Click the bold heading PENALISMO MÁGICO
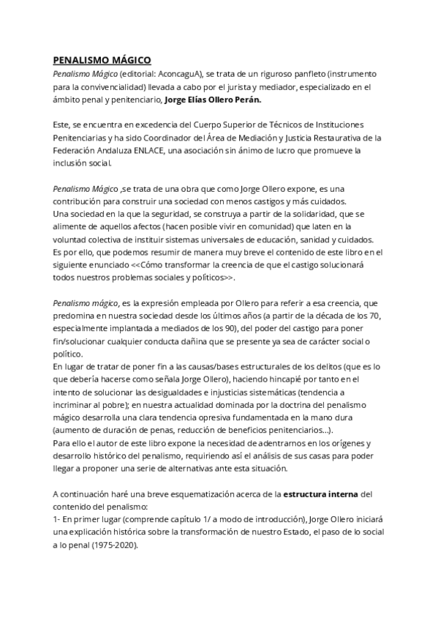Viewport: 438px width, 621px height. (102, 62)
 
